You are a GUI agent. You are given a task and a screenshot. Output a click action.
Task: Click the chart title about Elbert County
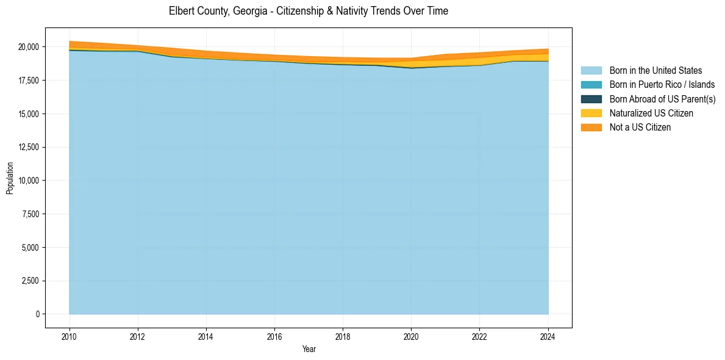tap(308, 11)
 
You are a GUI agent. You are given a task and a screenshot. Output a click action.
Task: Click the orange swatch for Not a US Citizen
tap(591, 128)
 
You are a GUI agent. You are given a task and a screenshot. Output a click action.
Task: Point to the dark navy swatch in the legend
tap(591, 99)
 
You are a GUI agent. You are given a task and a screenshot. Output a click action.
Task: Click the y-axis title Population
tap(10, 178)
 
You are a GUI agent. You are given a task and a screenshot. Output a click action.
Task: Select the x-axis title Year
tap(309, 349)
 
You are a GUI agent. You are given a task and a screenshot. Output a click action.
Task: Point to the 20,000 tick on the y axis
tap(28, 47)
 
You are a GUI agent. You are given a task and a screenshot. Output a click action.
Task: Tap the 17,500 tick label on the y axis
tap(28, 81)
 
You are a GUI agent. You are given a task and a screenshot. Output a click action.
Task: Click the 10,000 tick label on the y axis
tap(28, 181)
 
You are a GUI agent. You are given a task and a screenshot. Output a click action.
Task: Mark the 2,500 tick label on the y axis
tap(30, 281)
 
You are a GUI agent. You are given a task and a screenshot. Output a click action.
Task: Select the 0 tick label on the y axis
tap(37, 314)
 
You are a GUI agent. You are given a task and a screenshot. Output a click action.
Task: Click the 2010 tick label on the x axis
tap(70, 336)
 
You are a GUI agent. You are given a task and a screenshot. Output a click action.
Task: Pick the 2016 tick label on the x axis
tap(274, 336)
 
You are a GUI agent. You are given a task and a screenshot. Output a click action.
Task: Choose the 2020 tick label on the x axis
tap(411, 336)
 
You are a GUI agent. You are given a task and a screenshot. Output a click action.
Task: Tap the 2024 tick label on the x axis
tap(548, 336)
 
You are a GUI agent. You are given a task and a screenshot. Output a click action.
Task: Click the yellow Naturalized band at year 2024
tap(547, 57)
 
